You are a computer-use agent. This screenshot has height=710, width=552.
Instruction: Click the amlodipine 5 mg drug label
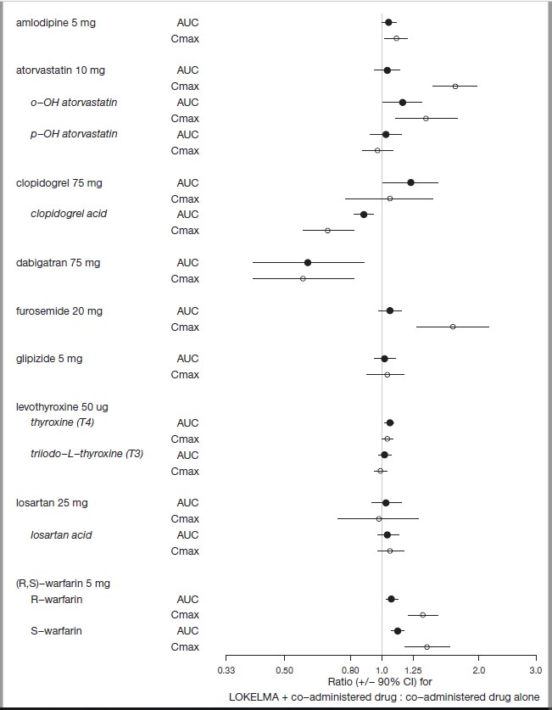[56, 22]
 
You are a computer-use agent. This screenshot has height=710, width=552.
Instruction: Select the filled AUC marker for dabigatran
[308, 263]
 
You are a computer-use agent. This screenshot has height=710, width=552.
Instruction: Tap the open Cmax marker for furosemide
[452, 327]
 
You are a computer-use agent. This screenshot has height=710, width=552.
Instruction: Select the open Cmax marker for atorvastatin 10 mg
[455, 86]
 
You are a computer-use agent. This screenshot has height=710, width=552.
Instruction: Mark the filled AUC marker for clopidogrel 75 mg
[410, 182]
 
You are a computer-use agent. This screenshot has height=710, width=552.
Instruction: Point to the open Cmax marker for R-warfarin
[422, 615]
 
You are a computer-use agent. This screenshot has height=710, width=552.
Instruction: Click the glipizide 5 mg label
[49, 359]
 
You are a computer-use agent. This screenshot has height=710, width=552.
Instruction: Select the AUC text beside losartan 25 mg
[187, 503]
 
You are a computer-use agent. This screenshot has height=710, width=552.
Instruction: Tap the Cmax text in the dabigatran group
[185, 279]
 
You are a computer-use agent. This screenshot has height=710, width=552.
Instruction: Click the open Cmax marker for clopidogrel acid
[328, 230]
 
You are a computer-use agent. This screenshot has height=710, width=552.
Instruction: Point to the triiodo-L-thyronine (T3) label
[86, 455]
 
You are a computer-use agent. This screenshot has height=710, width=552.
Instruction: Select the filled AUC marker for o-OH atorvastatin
[402, 102]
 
